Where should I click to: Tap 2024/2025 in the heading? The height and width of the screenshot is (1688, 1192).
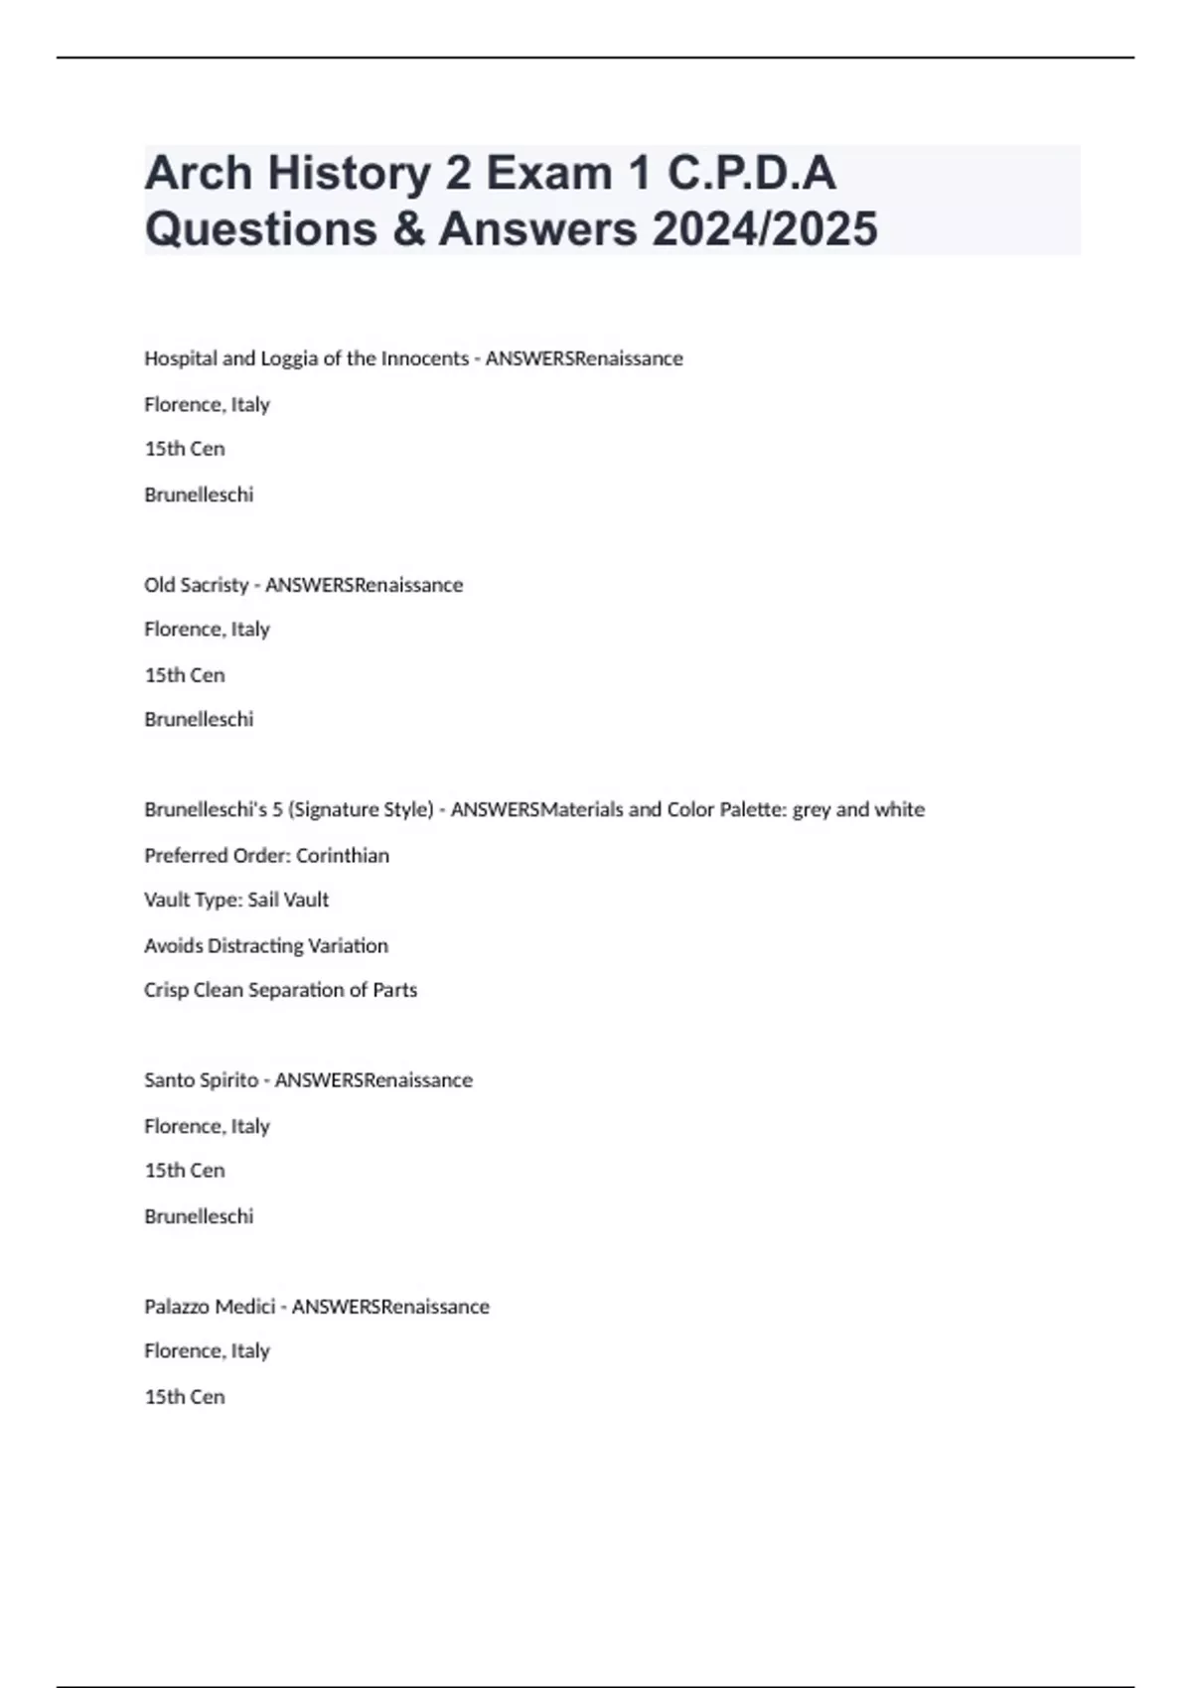pos(765,228)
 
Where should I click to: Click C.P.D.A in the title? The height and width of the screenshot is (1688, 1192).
pos(751,174)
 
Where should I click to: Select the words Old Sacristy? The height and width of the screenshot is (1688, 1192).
pos(196,585)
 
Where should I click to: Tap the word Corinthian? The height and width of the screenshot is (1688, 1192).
pos(343,855)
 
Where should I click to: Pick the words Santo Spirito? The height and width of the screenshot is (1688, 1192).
pos(201,1080)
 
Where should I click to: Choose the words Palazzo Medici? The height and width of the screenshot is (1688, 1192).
pos(210,1307)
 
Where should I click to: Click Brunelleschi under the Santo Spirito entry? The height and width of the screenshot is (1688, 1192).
pos(199,1216)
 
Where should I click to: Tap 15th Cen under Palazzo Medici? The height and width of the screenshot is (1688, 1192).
pos(185,1397)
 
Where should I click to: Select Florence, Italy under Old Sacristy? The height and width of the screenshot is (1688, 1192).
pos(207,630)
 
